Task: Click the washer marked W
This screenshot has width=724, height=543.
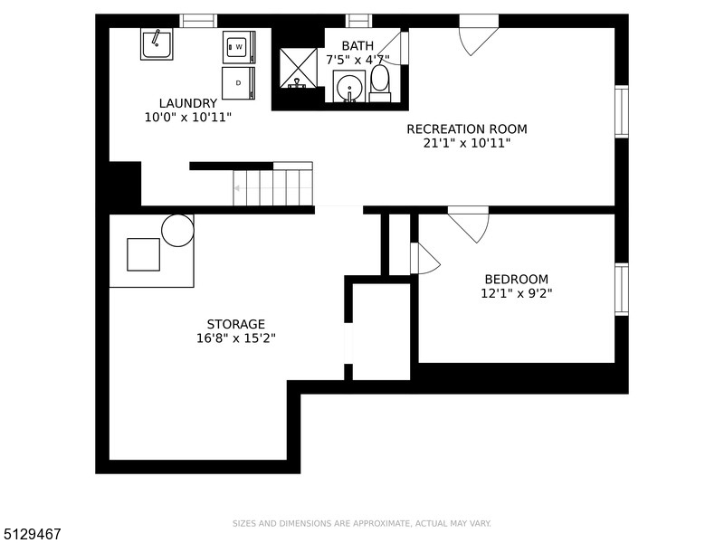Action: (239, 47)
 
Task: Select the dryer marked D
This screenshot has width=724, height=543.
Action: (238, 83)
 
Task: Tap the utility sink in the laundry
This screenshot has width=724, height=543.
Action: (157, 43)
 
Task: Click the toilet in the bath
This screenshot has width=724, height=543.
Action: (380, 83)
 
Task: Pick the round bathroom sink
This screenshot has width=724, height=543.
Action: (349, 86)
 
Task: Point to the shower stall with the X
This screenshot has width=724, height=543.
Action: (299, 67)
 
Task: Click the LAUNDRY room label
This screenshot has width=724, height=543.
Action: (188, 103)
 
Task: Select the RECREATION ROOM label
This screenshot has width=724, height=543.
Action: (467, 129)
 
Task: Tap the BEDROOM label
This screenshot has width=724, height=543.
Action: (517, 280)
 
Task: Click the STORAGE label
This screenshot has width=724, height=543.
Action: (236, 324)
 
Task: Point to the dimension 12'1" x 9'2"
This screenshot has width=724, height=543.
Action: (517, 293)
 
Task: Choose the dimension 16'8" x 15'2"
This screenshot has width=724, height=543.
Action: (236, 338)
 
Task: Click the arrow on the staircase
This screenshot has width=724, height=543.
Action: (272, 188)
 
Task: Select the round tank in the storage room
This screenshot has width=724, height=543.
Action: (177, 231)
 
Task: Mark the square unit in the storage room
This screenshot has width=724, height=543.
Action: (144, 254)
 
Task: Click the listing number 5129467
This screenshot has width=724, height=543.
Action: (31, 534)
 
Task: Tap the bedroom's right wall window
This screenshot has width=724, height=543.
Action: (622, 290)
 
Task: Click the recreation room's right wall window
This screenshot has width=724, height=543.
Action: (622, 111)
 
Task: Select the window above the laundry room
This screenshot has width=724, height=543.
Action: (198, 21)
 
